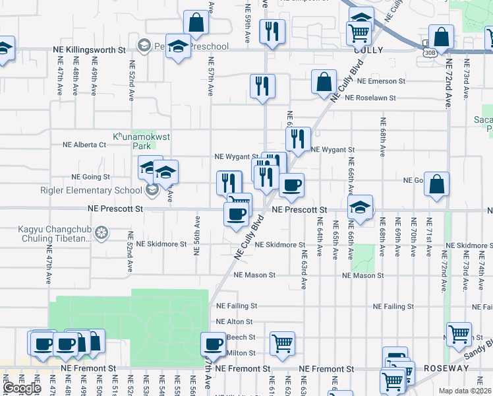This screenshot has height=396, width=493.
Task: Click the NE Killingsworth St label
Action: (x=90, y=49)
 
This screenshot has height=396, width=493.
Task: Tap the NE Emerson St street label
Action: (x=381, y=81)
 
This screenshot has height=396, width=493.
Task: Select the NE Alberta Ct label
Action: (x=84, y=145)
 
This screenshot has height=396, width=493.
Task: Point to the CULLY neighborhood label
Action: (x=368, y=49)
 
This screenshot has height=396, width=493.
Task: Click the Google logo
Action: (x=22, y=388)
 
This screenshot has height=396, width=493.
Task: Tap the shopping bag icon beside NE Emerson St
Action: (x=324, y=82)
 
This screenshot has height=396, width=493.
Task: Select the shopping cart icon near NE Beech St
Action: (x=282, y=343)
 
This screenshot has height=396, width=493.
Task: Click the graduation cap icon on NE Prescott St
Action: (x=360, y=207)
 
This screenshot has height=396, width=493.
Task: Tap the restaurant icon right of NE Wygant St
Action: (x=298, y=139)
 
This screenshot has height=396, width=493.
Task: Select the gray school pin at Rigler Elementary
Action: (x=152, y=191)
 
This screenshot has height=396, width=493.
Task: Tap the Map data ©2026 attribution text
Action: (x=465, y=391)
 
